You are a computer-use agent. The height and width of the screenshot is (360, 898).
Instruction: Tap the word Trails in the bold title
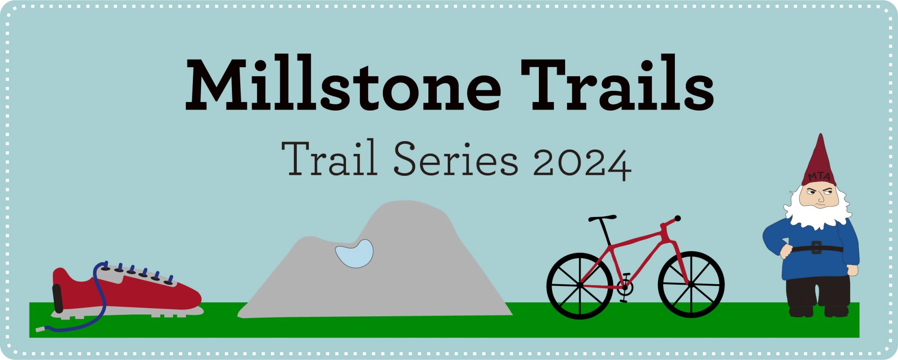coord(617,84)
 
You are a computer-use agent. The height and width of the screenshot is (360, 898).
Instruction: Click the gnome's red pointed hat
coord(819,160)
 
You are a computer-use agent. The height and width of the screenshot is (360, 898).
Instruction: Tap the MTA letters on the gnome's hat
coord(819,176)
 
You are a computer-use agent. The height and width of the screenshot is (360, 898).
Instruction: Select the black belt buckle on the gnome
coord(816,248)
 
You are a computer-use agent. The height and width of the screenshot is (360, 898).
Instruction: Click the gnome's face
coord(818,196)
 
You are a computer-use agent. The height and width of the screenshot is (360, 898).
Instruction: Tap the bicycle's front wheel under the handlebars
coord(691,285)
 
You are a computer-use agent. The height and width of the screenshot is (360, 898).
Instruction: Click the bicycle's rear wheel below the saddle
coord(580,285)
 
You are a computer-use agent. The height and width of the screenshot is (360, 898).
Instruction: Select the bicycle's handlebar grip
coord(677,218)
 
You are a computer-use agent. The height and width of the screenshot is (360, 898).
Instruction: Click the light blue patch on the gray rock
coord(355,254)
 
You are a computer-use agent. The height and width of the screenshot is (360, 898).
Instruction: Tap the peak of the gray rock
coord(406,204)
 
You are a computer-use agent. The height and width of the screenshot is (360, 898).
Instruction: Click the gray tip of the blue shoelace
coord(40,329)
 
